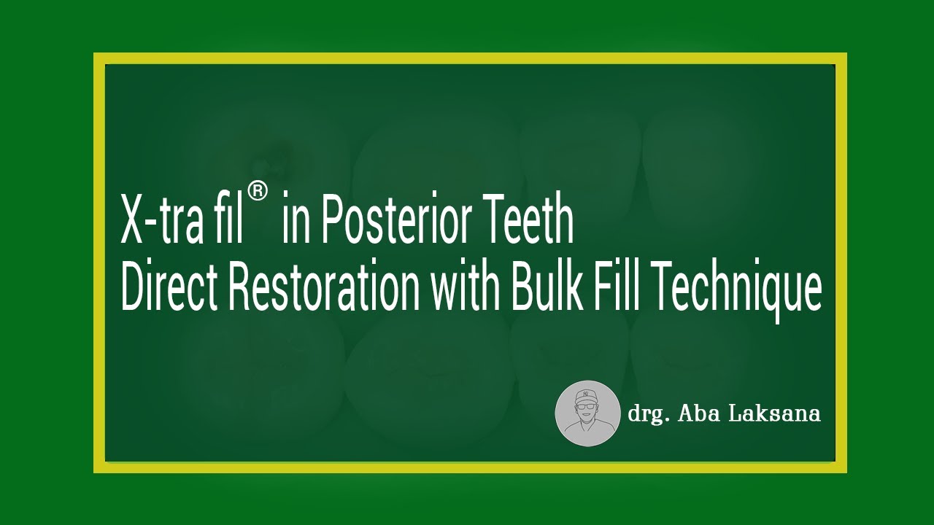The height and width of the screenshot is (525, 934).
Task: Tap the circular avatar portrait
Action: pos(587,413)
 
